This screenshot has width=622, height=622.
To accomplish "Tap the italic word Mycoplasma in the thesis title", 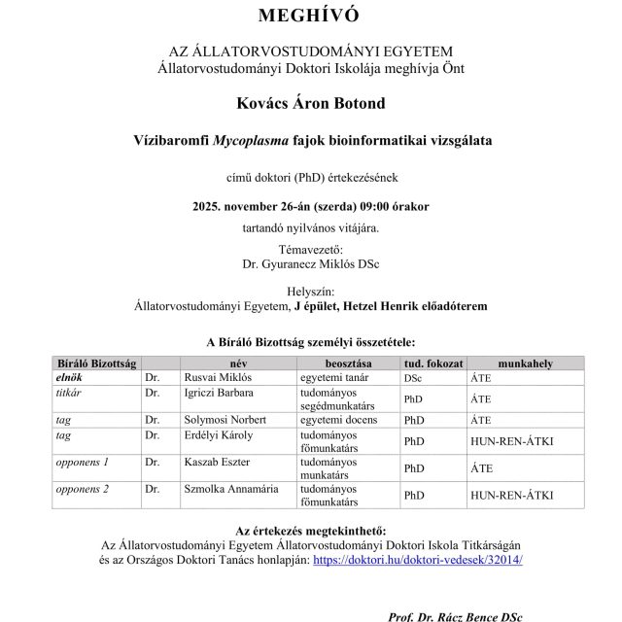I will click(x=252, y=140).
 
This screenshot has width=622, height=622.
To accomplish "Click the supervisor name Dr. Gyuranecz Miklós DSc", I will click(x=311, y=262).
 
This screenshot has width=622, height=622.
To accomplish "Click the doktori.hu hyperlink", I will click(x=418, y=560).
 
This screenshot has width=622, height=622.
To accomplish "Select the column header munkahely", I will click(x=525, y=363).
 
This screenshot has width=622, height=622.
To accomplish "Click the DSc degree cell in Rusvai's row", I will click(x=413, y=375).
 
